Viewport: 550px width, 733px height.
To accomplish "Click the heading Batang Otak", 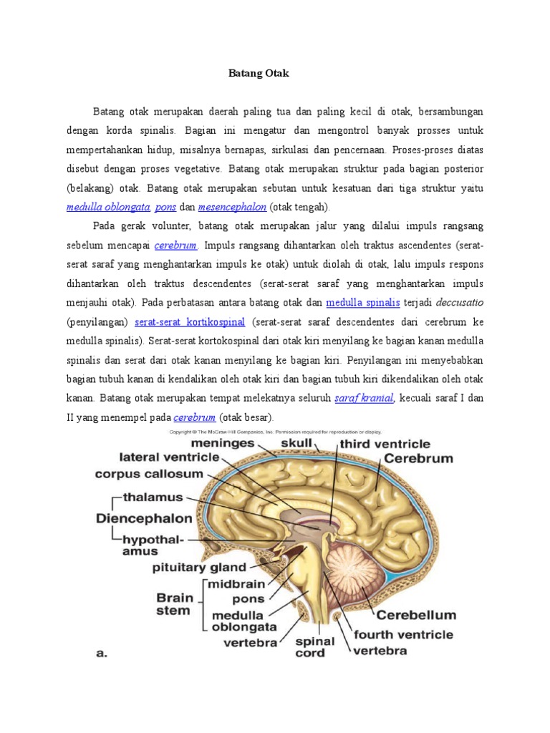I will (257, 74).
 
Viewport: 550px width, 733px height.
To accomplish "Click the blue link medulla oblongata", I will (107, 207).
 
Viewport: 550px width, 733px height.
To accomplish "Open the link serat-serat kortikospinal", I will (190, 321).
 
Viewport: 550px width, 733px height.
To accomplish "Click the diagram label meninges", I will (222, 443).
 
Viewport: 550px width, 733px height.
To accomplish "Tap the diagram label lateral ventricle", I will (169, 456).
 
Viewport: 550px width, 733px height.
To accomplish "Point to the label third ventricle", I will (385, 444).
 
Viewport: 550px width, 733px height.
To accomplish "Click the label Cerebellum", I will (416, 614).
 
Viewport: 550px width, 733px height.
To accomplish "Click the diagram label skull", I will (295, 443).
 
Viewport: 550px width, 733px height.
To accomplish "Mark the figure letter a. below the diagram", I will (100, 653).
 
